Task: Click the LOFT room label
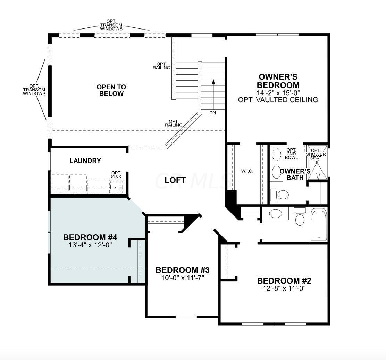(175, 180)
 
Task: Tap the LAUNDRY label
(85, 161)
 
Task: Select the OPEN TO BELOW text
(111, 90)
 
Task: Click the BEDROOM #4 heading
(90, 237)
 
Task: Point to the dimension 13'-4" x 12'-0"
(90, 245)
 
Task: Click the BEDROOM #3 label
(183, 270)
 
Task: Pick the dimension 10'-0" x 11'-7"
(183, 278)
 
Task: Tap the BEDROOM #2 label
(284, 281)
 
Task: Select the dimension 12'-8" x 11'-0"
(284, 288)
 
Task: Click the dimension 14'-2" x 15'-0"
(278, 93)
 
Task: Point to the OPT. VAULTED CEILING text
(278, 100)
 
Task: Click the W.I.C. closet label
(247, 171)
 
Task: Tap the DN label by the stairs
(213, 113)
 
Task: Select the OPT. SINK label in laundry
(116, 175)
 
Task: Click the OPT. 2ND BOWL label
(292, 154)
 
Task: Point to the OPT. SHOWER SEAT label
(316, 154)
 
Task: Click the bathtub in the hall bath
(319, 224)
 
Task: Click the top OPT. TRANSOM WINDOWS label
(111, 25)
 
